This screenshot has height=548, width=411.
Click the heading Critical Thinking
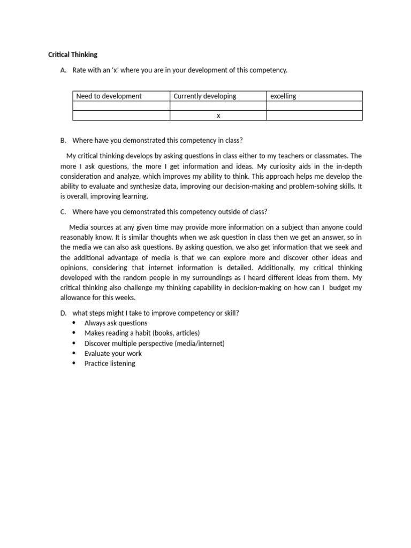coord(72,55)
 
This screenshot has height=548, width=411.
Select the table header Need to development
coord(109,96)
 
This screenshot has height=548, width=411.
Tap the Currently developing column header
coord(204,96)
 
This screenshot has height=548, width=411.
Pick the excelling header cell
coord(283,96)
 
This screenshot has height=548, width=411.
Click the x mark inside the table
coord(218,116)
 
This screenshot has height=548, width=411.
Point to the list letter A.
coord(63,70)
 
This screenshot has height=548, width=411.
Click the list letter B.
coord(63,141)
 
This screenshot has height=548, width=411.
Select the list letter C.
coord(63,212)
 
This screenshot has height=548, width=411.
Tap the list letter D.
coord(63,313)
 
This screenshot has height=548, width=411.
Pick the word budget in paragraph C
coord(340,287)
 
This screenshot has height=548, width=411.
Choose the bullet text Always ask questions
coord(116,323)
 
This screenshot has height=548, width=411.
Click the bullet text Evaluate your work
coord(113,353)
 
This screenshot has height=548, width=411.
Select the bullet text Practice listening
coord(110,363)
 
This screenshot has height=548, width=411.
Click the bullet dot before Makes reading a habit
coord(73,333)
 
